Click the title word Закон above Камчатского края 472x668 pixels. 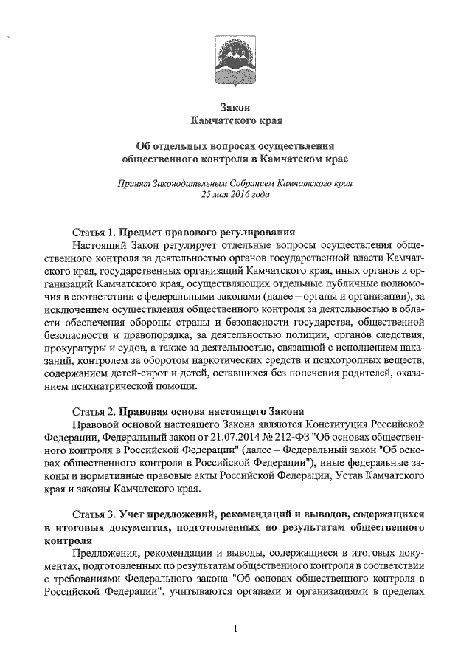(x=236, y=106)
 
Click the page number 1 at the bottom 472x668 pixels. (x=235, y=629)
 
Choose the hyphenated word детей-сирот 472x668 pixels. (x=143, y=373)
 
